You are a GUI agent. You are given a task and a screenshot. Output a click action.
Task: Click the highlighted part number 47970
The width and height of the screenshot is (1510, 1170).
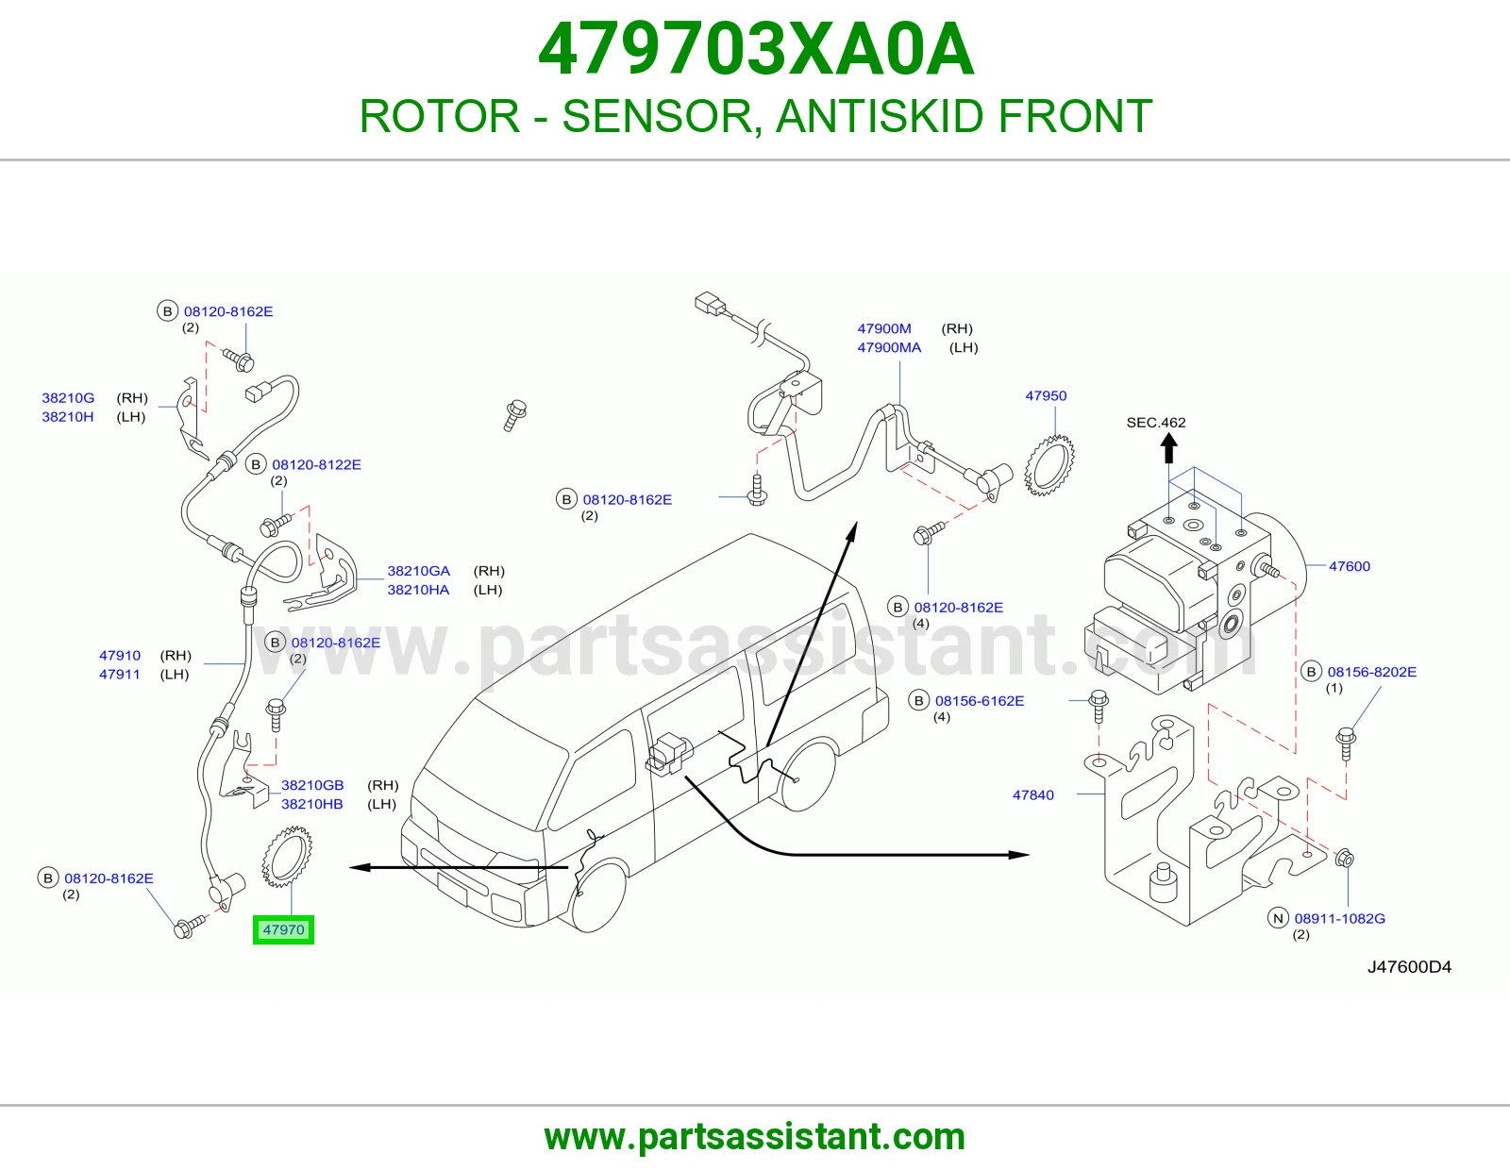pos(283,929)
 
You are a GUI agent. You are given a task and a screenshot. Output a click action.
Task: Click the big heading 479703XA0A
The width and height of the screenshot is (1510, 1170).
pos(756,49)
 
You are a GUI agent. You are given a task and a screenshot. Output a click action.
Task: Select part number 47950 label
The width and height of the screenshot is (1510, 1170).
pos(1046,395)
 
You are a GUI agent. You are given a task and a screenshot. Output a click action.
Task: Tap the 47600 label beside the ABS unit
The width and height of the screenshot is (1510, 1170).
pos(1350,566)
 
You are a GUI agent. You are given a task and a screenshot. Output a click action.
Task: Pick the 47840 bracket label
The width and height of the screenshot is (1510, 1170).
pos(1033,794)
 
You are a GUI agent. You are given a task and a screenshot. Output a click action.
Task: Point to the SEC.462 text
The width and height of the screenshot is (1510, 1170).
pos(1156,423)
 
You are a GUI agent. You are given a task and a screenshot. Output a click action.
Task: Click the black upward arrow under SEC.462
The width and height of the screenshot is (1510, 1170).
pos(1168,447)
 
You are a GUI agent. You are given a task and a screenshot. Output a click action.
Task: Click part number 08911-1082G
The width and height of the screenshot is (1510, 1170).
pos(1340,918)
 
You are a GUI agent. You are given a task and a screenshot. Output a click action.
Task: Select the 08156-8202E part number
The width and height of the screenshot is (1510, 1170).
pos(1371,672)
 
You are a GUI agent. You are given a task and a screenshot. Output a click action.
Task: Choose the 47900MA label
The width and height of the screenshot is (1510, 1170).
pos(889,347)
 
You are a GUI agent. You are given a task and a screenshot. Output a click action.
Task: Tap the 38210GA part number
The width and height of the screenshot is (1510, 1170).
pos(418,571)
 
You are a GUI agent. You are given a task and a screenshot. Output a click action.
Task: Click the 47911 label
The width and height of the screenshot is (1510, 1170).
pos(120,674)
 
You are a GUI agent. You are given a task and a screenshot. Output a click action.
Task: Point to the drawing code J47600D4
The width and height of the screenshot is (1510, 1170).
pos(1409,966)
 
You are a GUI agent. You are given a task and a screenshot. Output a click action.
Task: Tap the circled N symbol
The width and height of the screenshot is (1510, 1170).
pos(1278,918)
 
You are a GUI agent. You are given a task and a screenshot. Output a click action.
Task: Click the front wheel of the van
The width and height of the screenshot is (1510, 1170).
pos(596,896)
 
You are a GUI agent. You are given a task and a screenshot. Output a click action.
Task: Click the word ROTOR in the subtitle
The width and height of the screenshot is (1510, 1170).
pos(439,116)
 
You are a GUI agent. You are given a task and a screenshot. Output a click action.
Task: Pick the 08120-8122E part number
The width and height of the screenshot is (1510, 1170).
pos(316,465)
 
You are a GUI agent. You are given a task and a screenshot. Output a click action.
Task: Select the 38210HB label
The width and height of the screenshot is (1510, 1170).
pos(312,804)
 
